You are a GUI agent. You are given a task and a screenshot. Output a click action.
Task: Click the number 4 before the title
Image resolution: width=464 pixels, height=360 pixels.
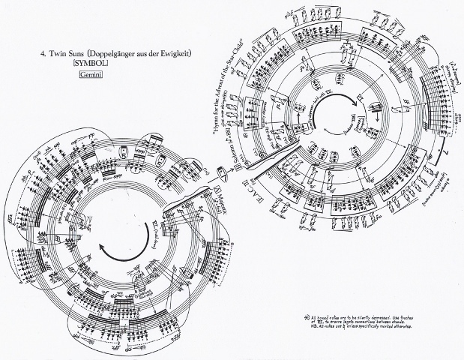pyautogui.click(x=42, y=53)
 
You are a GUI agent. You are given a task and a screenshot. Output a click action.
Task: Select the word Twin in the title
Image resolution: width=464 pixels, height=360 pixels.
pyautogui.click(x=58, y=53)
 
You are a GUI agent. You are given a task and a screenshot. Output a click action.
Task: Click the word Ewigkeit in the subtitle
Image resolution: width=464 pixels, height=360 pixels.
pyautogui.click(x=189, y=53)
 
